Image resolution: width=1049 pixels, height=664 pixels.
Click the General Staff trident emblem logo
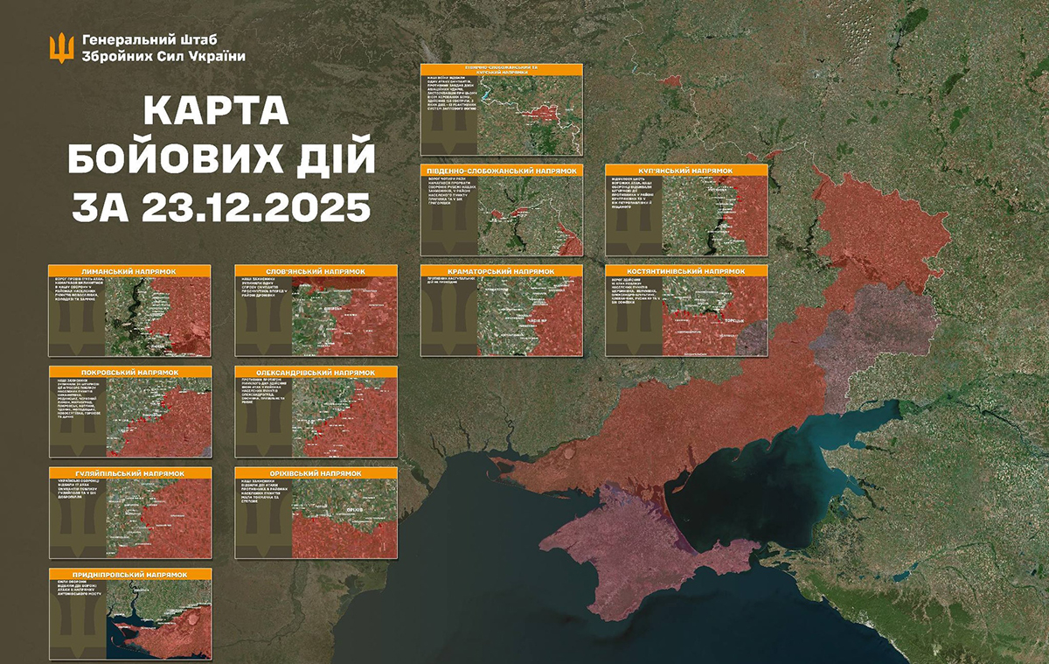(61, 47)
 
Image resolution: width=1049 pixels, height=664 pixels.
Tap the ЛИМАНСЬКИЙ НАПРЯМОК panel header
(130, 272)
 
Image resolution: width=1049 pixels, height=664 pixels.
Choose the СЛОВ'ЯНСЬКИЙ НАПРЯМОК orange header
(316, 272)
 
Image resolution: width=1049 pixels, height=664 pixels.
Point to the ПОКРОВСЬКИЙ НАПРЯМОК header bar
(130, 373)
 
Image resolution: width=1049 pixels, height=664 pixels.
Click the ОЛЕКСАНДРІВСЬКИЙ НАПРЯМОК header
(316, 373)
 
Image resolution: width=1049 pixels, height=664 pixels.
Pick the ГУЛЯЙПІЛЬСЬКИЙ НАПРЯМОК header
(130, 473)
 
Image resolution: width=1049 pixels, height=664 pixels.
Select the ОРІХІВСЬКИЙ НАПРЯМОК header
(316, 473)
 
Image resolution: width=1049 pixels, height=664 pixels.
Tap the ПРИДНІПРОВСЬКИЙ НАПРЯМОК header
(130, 574)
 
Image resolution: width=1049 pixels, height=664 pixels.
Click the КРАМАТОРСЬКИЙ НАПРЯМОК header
(501, 272)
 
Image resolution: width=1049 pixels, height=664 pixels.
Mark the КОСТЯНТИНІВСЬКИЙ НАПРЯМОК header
(686, 272)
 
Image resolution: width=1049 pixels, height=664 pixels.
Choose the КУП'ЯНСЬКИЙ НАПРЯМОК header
(686, 171)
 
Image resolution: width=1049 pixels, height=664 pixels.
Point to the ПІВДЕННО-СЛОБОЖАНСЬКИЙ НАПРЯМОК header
(501, 171)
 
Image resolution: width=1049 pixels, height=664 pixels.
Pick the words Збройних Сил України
(163, 56)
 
